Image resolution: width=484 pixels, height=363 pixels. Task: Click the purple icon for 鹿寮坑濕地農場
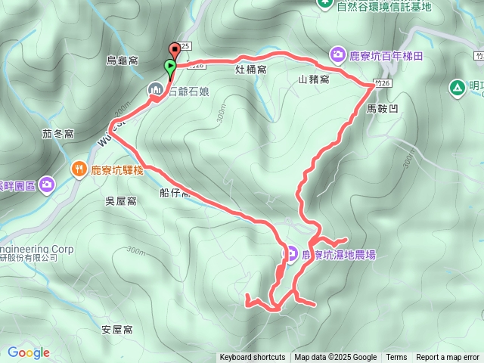click(290, 253)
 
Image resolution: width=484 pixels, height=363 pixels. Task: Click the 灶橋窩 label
click(251, 70)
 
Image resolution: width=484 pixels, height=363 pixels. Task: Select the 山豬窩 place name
click(313, 79)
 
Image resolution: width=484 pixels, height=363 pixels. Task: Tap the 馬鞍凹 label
click(381, 109)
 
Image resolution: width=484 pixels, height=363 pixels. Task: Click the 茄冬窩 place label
click(57, 134)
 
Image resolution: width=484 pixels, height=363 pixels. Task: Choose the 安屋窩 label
click(116, 330)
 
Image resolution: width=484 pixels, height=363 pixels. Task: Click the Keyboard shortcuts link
click(252, 358)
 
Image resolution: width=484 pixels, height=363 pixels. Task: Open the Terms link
click(396, 358)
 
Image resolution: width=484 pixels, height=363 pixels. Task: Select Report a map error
click(448, 358)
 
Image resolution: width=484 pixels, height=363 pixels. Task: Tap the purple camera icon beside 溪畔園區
click(48, 184)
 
